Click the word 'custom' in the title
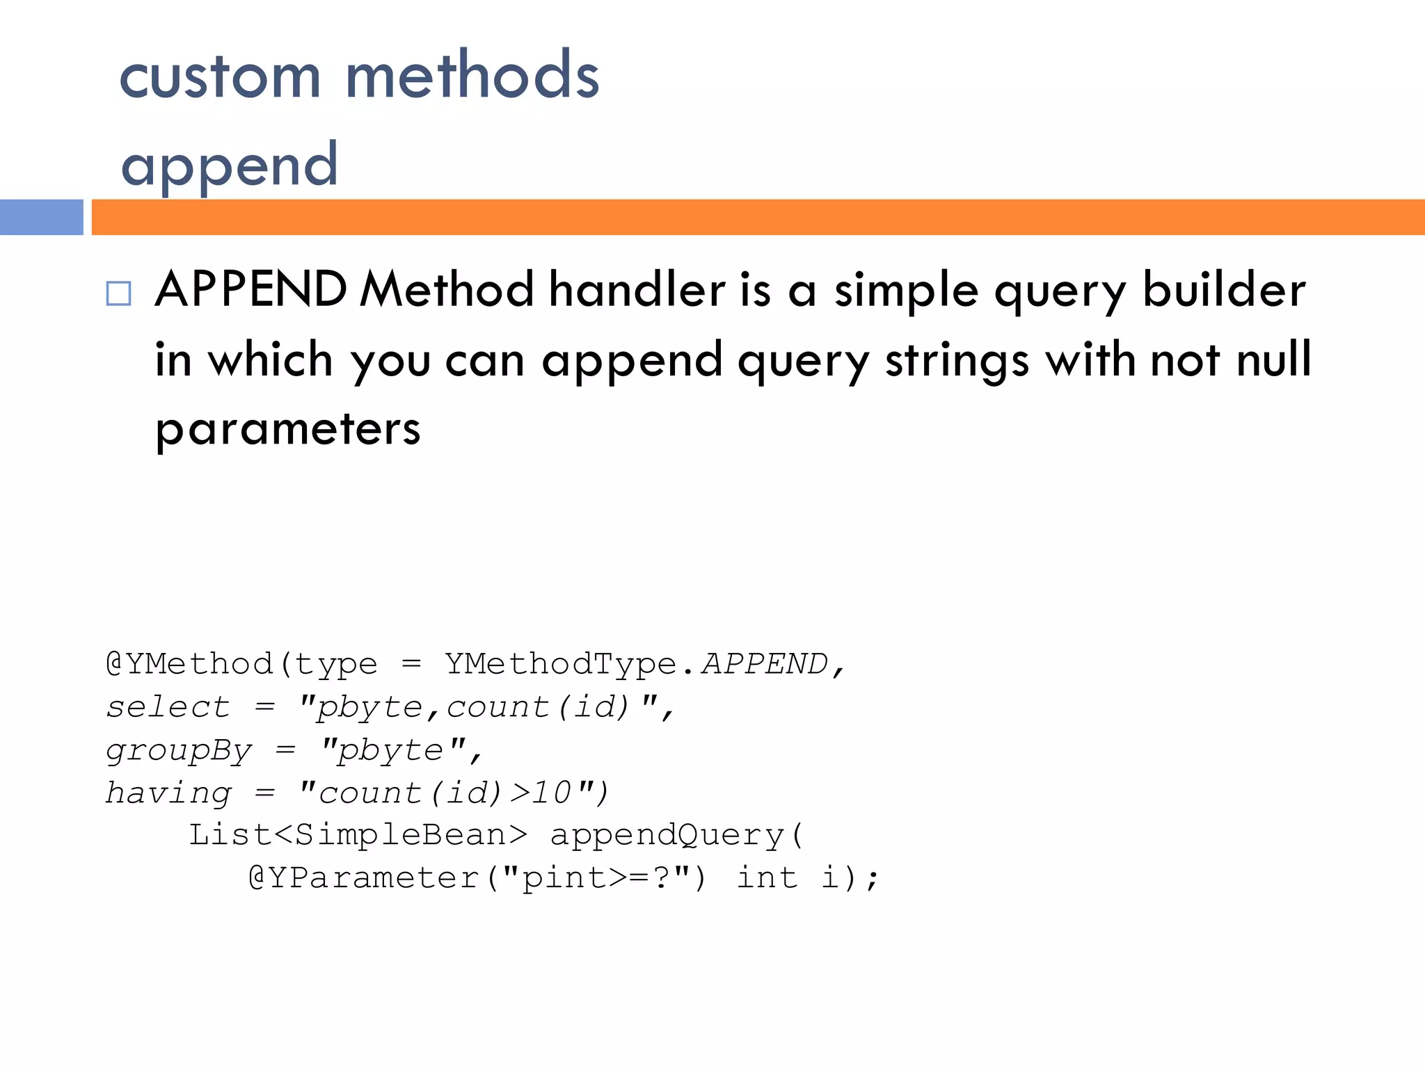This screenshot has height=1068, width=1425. coord(220,76)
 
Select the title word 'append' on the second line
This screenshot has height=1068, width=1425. coord(230,165)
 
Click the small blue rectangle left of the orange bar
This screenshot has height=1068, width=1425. coord(42,217)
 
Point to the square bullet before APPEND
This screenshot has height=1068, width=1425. coord(118,293)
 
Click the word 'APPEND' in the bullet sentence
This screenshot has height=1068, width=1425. coord(251,289)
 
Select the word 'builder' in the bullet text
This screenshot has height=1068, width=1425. coord(1224,289)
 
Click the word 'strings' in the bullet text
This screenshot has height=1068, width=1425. coord(957,360)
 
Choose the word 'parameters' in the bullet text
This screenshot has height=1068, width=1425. coord(288,428)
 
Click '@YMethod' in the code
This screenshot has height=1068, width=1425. coord(189,664)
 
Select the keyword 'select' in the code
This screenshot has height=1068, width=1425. coord(168,707)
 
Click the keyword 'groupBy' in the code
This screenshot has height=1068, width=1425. coord(179,751)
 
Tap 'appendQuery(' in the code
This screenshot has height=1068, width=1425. coord(677,835)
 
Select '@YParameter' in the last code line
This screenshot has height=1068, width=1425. coord(364,878)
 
